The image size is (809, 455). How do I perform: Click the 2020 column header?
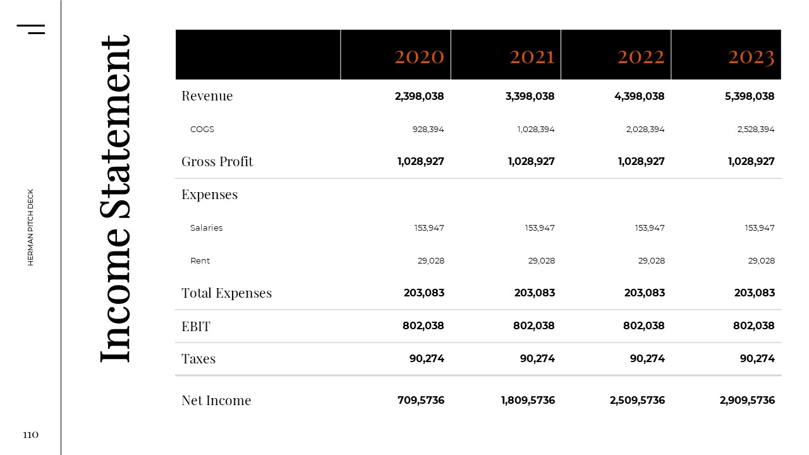click(419, 57)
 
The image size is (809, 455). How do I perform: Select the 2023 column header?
click(751, 57)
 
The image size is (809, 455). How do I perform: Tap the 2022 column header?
click(641, 57)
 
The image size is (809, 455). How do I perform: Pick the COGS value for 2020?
click(428, 129)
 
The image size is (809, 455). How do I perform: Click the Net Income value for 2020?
click(421, 400)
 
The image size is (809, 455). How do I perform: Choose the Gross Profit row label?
click(217, 162)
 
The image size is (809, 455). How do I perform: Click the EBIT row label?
click(196, 326)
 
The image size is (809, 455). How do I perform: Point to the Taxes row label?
click(198, 359)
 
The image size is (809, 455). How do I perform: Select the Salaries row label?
click(206, 227)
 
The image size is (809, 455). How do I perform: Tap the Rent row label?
click(200, 260)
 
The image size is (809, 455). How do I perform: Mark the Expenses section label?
click(209, 195)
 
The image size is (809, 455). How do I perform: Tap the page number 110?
click(30, 435)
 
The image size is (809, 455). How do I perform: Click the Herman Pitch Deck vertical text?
click(30, 227)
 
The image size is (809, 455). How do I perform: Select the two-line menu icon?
click(31, 28)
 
